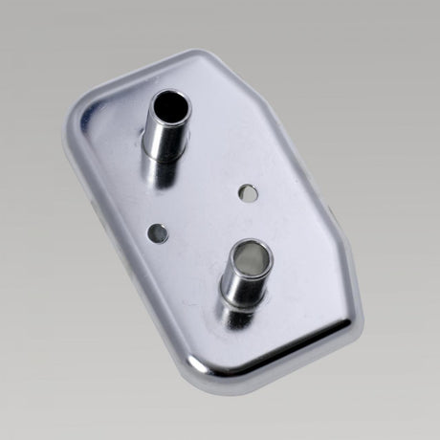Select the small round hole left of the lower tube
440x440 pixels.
[x=158, y=231]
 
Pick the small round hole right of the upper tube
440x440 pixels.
[x=248, y=192]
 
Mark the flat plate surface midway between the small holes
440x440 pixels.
[x=203, y=212]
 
